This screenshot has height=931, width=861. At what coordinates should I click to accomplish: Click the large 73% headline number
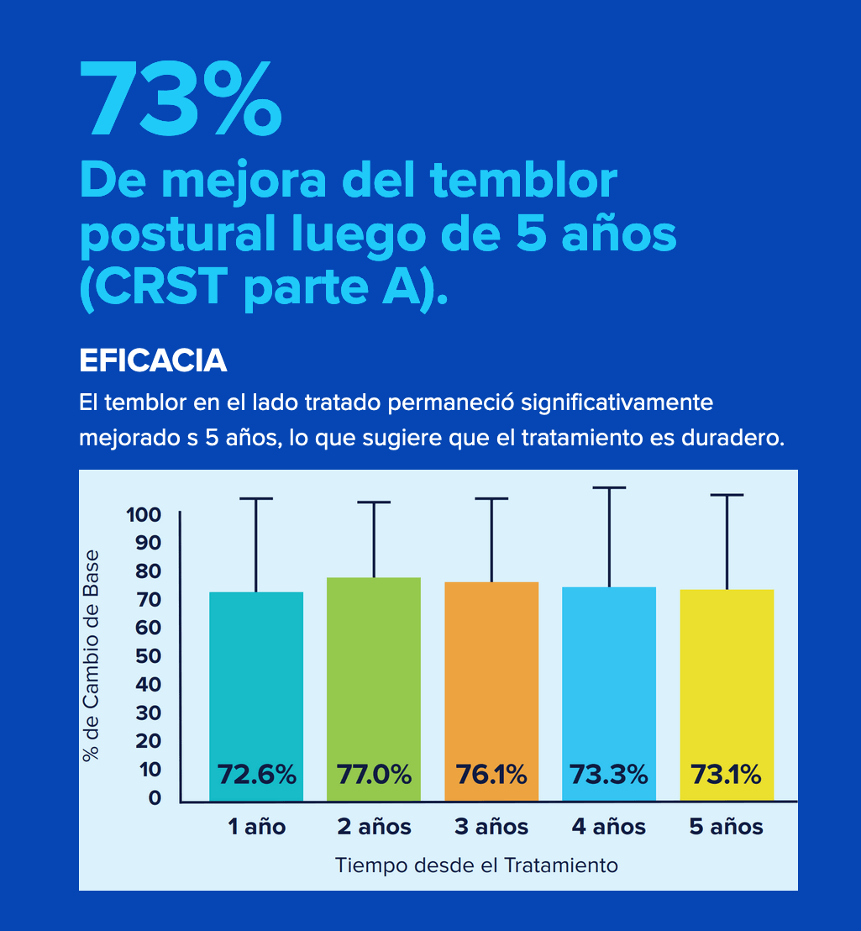(180, 99)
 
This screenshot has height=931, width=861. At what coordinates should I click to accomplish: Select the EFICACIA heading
(153, 360)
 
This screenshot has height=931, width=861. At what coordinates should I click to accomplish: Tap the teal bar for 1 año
(256, 672)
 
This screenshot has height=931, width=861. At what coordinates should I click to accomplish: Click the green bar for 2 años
(374, 664)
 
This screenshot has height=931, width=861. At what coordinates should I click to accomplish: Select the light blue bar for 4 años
(609, 672)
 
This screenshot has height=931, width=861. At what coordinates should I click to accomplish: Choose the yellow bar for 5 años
(727, 672)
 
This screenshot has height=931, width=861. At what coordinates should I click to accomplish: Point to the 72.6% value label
(256, 774)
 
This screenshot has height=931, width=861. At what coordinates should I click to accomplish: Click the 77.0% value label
(374, 774)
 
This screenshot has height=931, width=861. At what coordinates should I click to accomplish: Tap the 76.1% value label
(491, 774)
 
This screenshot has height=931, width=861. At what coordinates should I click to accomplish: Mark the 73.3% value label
(609, 774)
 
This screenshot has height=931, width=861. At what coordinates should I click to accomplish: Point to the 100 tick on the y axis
(143, 514)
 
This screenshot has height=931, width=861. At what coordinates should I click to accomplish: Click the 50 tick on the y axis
(149, 656)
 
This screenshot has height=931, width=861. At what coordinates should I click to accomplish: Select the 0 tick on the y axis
(155, 798)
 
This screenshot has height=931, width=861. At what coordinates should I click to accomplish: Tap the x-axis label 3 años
(491, 827)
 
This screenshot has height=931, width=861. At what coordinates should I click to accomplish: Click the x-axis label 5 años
(727, 827)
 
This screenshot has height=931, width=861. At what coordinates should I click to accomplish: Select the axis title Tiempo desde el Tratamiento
(476, 865)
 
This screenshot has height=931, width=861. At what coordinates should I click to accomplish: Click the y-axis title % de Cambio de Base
(92, 656)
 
